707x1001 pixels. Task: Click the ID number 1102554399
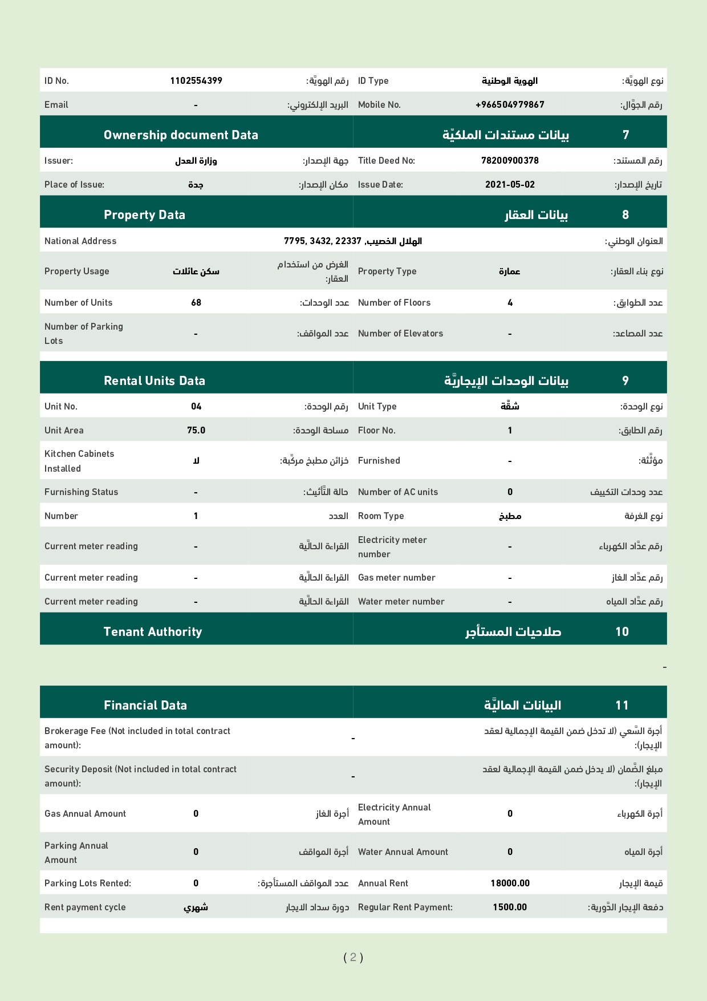pyautogui.click(x=196, y=81)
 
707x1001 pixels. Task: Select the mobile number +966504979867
pyautogui.click(x=510, y=105)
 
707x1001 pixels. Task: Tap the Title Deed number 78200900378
pyautogui.click(x=510, y=161)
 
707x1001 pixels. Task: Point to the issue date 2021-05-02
pyautogui.click(x=510, y=185)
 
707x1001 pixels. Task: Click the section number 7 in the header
pyautogui.click(x=625, y=135)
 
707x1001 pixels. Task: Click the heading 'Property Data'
pyautogui.click(x=144, y=215)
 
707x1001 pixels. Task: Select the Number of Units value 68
pyautogui.click(x=196, y=303)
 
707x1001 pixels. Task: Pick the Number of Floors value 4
pyautogui.click(x=510, y=303)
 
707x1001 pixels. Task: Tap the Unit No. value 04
pyautogui.click(x=196, y=407)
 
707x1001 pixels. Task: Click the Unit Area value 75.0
pyautogui.click(x=196, y=431)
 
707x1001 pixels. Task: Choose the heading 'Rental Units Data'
pyautogui.click(x=154, y=381)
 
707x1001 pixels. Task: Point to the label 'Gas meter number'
pyautogui.click(x=396, y=578)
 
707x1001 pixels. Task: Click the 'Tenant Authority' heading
pyautogui.click(x=153, y=632)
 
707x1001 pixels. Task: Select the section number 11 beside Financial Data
pyautogui.click(x=622, y=706)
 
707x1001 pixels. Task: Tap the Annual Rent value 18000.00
pyautogui.click(x=510, y=884)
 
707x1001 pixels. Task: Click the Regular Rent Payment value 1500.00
pyautogui.click(x=510, y=907)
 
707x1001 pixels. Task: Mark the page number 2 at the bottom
pyautogui.click(x=353, y=957)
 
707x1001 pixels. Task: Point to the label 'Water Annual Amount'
pyautogui.click(x=403, y=852)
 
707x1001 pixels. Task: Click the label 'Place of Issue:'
pyautogui.click(x=74, y=185)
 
